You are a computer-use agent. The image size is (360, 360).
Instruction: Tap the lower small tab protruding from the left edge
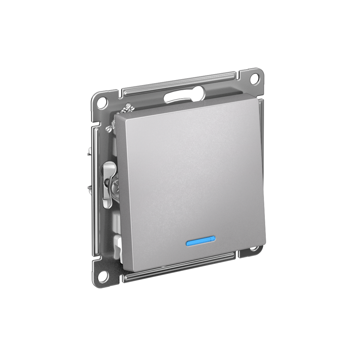[x=89, y=188]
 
